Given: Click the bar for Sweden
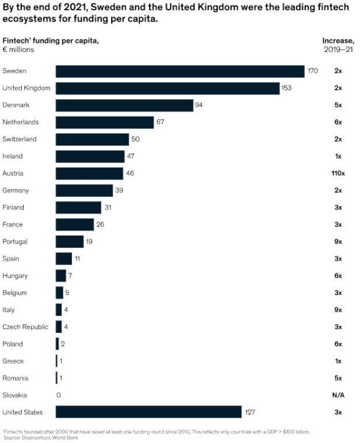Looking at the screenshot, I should pos(180,71).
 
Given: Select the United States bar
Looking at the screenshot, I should pos(149,412).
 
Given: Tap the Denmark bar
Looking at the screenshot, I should pos(124,105).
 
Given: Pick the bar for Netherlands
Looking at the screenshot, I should pos(105,122).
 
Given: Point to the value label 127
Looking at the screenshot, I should pos(249,412).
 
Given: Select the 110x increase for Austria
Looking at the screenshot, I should pos(338,173).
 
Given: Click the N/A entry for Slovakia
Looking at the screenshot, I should pos(338,395).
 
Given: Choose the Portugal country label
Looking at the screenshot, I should pos(15,242).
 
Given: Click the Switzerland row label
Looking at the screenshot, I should pos(20,139).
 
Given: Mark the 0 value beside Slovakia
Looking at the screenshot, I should pos(58,395).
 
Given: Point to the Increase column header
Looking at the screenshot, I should pos(338,40).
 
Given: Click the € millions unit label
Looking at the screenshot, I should pos(18,50).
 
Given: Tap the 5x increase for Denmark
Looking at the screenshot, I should pos(338,105).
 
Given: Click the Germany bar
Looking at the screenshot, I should pos(84,191).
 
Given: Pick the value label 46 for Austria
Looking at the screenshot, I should pos(130,173).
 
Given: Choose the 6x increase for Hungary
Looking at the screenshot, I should pos(338,276).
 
